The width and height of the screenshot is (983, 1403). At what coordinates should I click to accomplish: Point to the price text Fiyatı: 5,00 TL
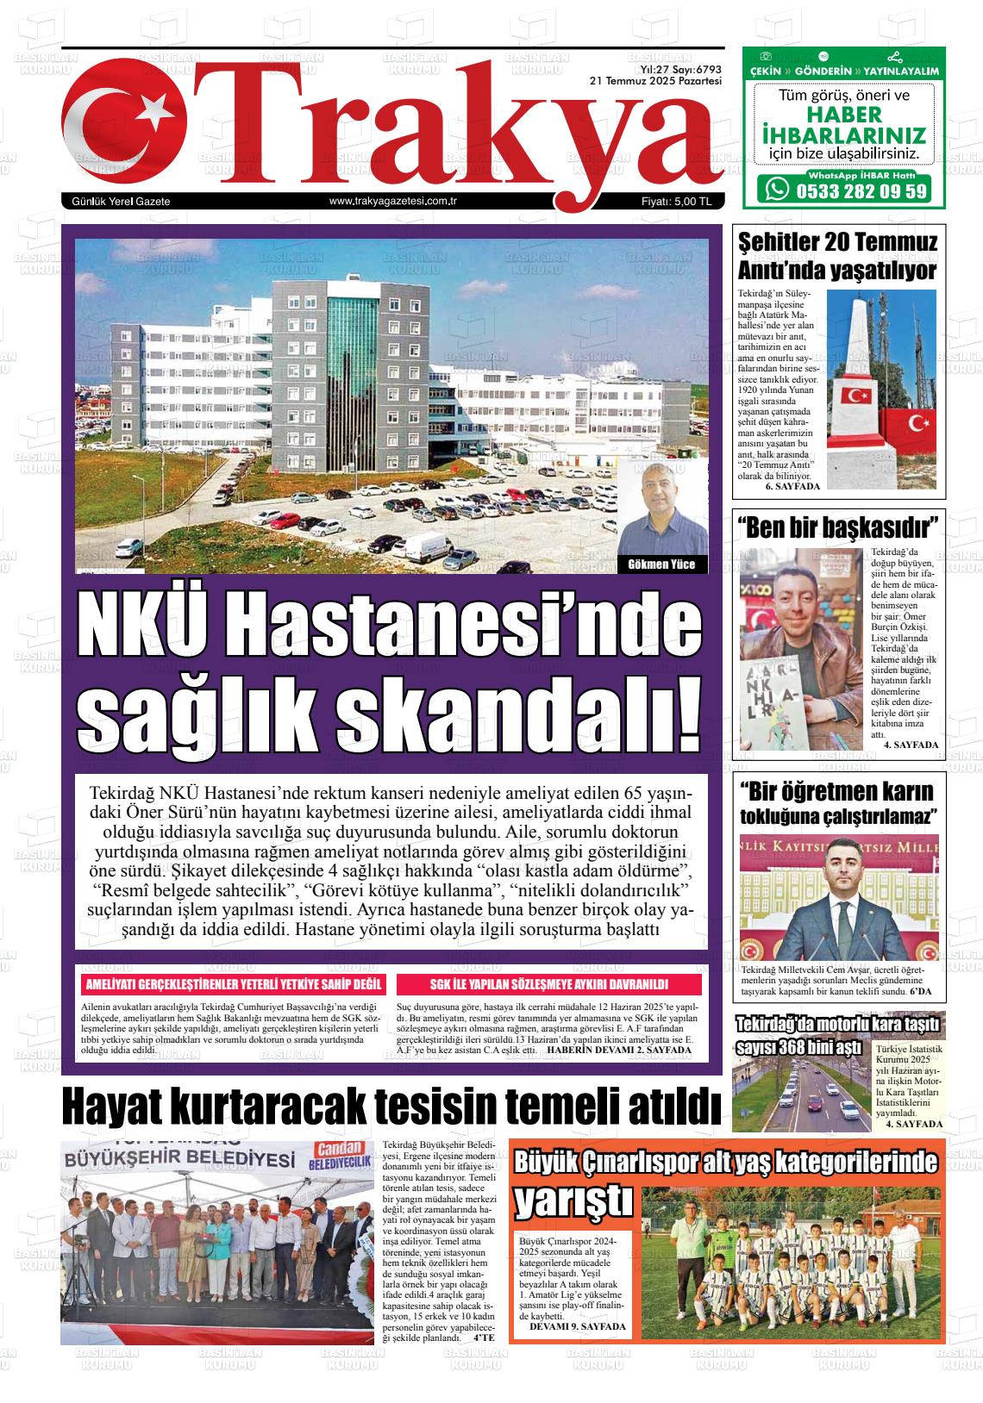tap(676, 202)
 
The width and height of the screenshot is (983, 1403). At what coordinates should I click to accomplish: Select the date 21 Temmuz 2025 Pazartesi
tap(655, 80)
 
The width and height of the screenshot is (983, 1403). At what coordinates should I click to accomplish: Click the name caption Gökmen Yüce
tap(661, 565)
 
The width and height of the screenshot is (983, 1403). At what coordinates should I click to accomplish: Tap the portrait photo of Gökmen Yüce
tap(662, 508)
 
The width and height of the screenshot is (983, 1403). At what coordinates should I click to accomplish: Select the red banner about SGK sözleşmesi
tap(549, 985)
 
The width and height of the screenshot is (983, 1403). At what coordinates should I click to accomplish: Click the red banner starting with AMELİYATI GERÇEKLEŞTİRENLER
tap(232, 985)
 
